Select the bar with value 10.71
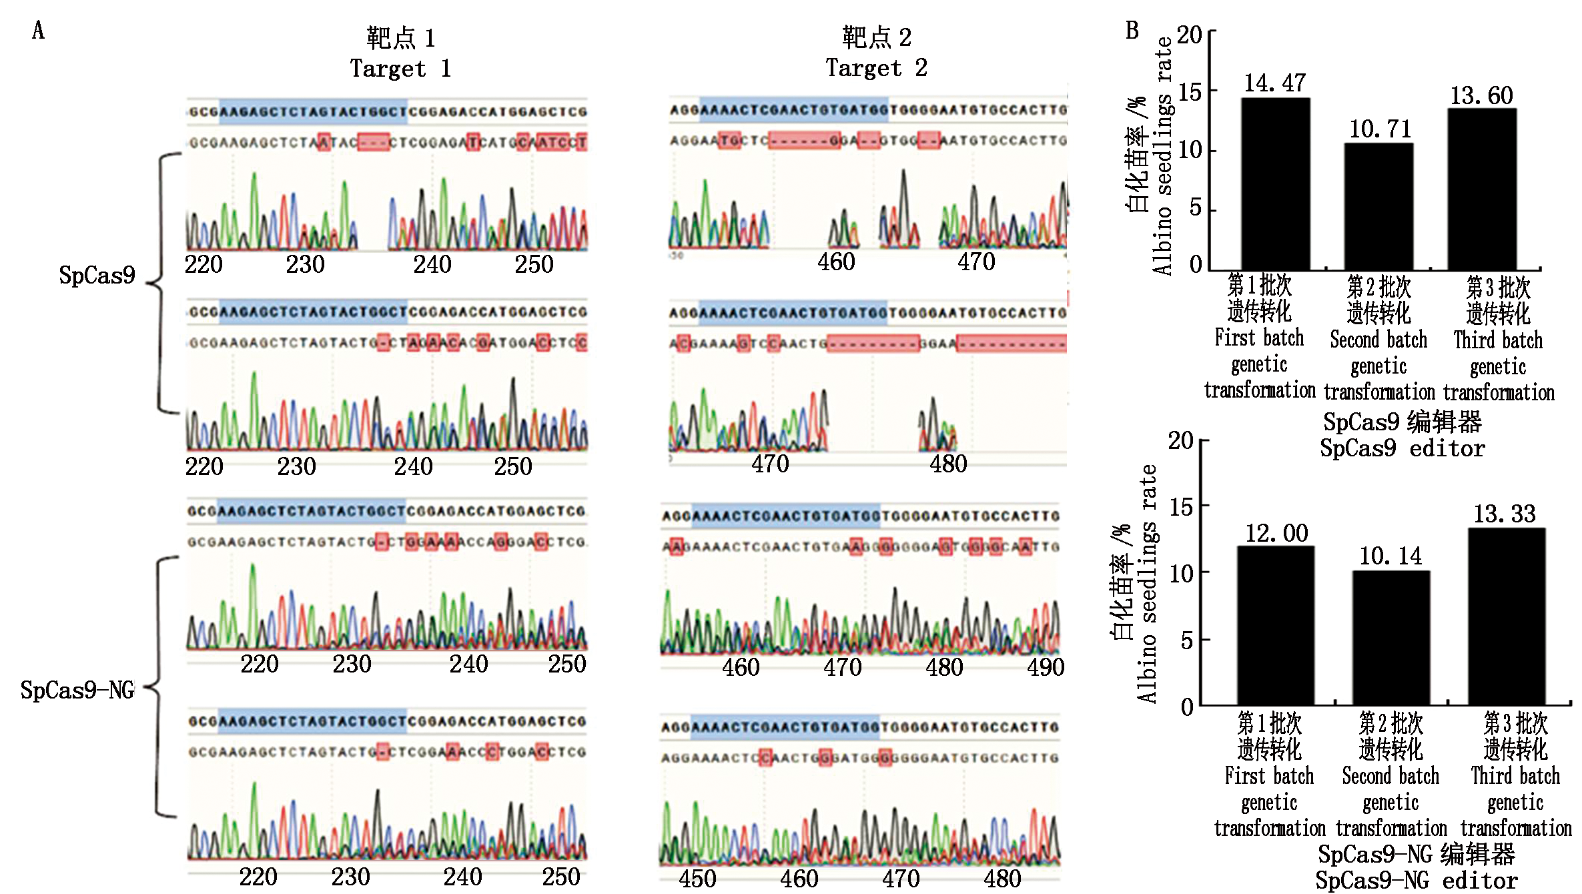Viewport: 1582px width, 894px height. [x=1378, y=206]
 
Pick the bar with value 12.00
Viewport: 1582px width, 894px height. [x=1275, y=625]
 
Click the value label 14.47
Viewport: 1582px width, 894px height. [x=1274, y=83]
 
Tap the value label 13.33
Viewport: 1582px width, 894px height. [x=1504, y=514]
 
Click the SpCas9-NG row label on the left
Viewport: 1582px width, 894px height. [x=77, y=690]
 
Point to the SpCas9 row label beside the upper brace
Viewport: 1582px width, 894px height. [x=97, y=275]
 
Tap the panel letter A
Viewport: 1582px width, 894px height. [x=38, y=30]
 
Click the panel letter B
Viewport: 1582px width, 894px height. [x=1132, y=30]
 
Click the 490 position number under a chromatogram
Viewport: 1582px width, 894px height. [x=1045, y=666]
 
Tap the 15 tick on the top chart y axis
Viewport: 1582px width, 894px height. [x=1190, y=92]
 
